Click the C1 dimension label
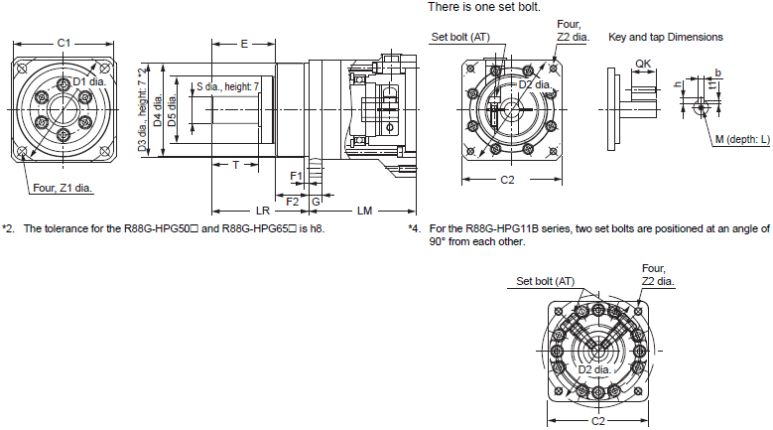pos(63,43)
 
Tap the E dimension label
pos(243,44)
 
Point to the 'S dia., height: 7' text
pos(226,86)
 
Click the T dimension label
pos(235,165)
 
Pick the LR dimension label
pos(263,211)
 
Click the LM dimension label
pos(364,211)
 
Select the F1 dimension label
pos(296,176)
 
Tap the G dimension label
pos(315,201)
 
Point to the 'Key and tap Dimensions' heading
pos(665,37)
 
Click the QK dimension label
pos(643,63)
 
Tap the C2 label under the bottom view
pos(597,420)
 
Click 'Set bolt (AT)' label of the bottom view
pos(546,281)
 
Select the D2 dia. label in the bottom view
pos(598,370)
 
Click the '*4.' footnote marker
pos(414,228)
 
